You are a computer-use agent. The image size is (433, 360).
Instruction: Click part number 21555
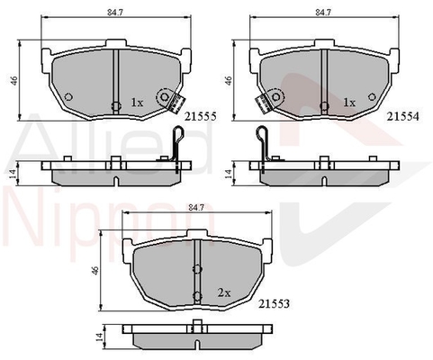pyautogui.click(x=200, y=116)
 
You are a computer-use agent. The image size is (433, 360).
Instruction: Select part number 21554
pyautogui.click(x=402, y=116)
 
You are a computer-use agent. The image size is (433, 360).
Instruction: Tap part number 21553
pyautogui.click(x=274, y=304)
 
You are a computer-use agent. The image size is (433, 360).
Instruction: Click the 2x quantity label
pyautogui.click(x=224, y=292)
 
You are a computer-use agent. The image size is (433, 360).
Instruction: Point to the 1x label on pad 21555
pyautogui.click(x=137, y=103)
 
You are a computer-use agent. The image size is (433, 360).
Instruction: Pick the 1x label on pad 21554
pyautogui.click(x=349, y=103)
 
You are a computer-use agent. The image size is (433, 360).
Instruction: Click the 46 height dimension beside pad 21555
pyautogui.click(x=14, y=80)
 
